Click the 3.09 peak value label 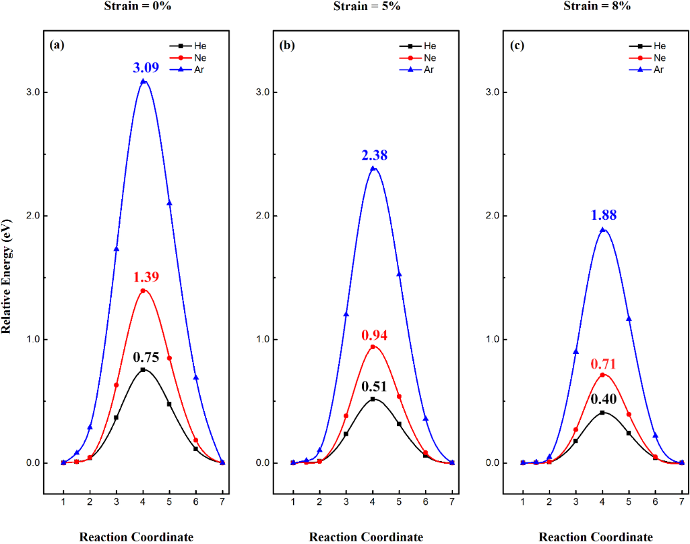coord(143,67)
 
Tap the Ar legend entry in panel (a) coord(189,69)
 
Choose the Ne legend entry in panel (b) coord(419,57)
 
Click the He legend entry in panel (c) coord(649,46)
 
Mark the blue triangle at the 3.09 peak coord(143,82)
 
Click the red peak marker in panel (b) coord(373,347)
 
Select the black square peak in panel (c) coord(602,413)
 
